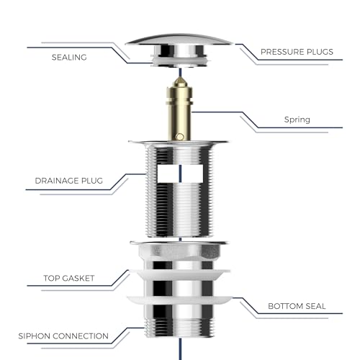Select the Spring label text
coord(297,120)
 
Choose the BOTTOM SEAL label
coord(297,306)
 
